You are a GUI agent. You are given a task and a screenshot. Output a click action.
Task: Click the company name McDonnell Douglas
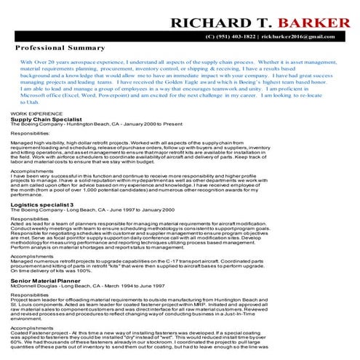pos(32,285)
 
